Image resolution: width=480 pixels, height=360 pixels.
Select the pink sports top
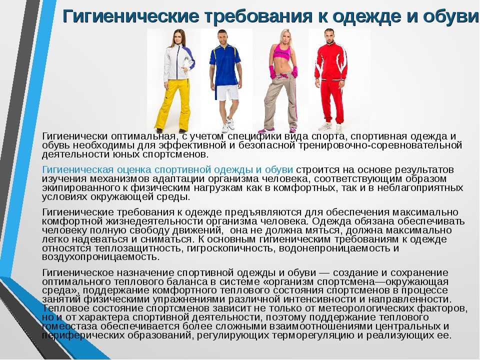click(x=281, y=52)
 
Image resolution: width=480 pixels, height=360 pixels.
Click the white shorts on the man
click(x=227, y=92)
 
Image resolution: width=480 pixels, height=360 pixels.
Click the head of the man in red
click(x=329, y=35)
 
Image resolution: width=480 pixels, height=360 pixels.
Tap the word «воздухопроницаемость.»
click(x=100, y=257)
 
